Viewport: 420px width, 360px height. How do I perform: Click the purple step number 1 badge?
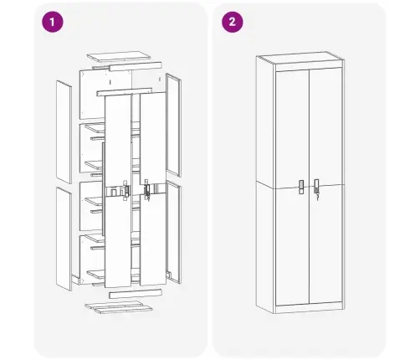[54, 23]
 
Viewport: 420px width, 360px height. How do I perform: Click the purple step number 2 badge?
[232, 23]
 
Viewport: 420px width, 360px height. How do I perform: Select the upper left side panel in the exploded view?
[64, 131]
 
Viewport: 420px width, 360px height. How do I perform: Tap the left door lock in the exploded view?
[125, 190]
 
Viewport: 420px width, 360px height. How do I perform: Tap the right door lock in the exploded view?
[146, 190]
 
